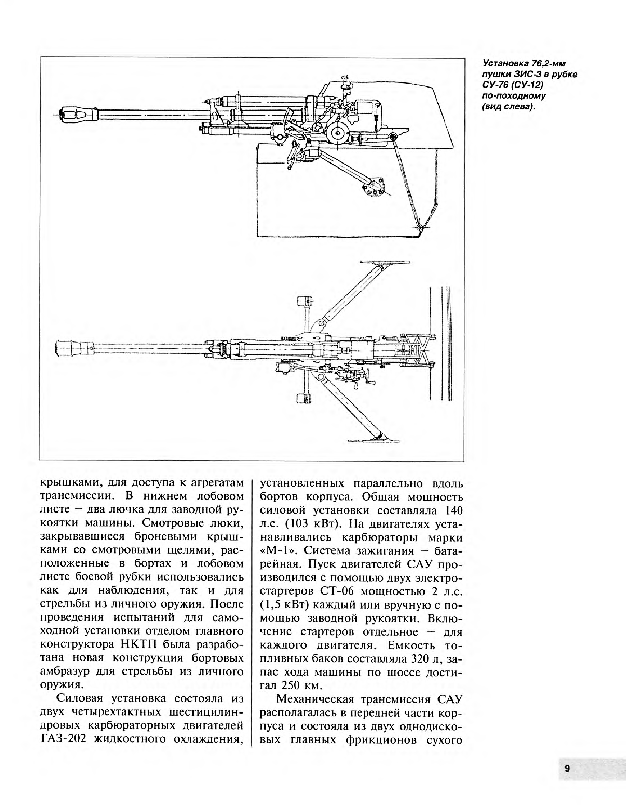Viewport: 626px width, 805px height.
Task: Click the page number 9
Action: (x=567, y=768)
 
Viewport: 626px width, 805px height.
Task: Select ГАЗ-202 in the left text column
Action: (x=63, y=739)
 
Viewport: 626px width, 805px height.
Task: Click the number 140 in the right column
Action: (x=454, y=510)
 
